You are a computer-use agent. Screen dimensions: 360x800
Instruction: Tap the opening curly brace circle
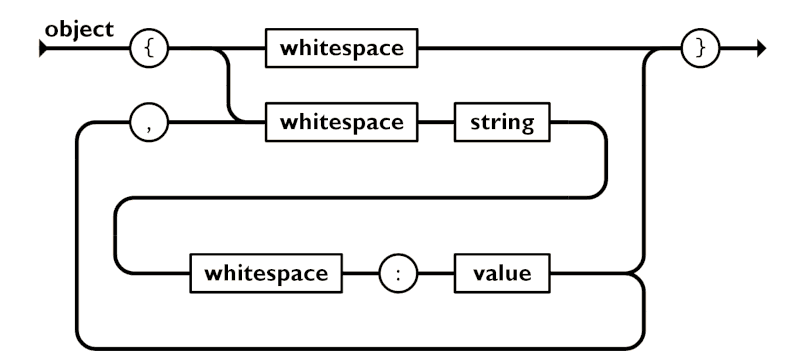click(x=148, y=48)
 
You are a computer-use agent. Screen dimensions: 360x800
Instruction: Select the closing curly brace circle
click(x=699, y=48)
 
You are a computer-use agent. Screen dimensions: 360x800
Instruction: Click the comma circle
click(x=148, y=124)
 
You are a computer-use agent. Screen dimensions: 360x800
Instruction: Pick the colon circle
click(x=398, y=272)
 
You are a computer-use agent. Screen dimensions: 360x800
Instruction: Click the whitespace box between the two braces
click(x=341, y=48)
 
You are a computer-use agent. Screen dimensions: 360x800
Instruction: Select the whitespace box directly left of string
click(x=341, y=124)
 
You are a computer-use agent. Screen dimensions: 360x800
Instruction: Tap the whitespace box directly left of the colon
click(x=266, y=272)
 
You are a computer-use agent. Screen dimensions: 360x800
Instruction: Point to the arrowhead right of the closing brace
click(x=760, y=48)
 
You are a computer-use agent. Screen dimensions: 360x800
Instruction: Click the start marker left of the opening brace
click(x=42, y=48)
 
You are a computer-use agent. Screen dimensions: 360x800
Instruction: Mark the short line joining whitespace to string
click(x=436, y=124)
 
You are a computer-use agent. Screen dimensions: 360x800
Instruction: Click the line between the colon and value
click(x=436, y=272)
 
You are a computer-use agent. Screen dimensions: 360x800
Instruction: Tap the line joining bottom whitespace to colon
click(x=360, y=272)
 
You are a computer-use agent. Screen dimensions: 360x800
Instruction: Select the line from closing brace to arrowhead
click(x=735, y=48)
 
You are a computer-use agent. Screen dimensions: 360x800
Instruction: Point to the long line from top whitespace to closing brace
click(x=540, y=48)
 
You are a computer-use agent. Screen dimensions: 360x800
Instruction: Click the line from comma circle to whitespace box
click(x=215, y=124)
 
